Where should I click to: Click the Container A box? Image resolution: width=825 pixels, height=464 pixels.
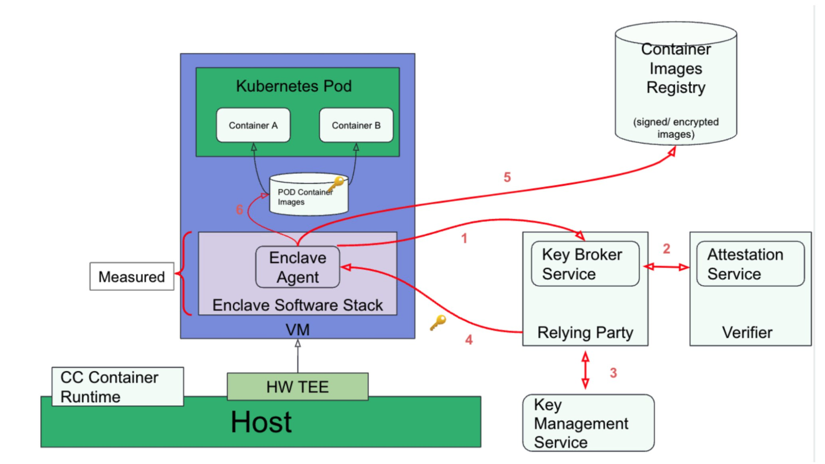pyautogui.click(x=253, y=125)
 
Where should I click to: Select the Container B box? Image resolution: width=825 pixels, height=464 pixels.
pyautogui.click(x=356, y=125)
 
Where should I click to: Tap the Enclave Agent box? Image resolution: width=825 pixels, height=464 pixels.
pyautogui.click(x=298, y=268)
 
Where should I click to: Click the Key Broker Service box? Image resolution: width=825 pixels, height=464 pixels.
pyautogui.click(x=585, y=264)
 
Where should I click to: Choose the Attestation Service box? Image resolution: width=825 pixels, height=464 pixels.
pyautogui.click(x=750, y=264)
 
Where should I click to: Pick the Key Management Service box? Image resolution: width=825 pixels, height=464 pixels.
pyautogui.click(x=588, y=423)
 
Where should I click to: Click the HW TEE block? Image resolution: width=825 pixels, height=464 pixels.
pyautogui.click(x=298, y=387)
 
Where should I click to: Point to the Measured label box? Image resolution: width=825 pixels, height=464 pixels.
pyautogui.click(x=132, y=277)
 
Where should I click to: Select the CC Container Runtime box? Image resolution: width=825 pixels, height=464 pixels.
pyautogui.click(x=118, y=386)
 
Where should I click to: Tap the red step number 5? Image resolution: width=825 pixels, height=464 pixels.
pyautogui.click(x=507, y=178)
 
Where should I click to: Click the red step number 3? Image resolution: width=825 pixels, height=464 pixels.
pyautogui.click(x=613, y=373)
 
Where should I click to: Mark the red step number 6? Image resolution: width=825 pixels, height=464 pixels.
pyautogui.click(x=239, y=210)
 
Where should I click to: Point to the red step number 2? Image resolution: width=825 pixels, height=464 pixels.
pyautogui.click(x=667, y=249)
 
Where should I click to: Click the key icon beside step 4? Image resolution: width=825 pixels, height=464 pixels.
pyautogui.click(x=438, y=322)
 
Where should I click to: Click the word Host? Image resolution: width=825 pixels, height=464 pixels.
pyautogui.click(x=261, y=422)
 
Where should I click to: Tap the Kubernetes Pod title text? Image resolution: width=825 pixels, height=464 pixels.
pyautogui.click(x=294, y=86)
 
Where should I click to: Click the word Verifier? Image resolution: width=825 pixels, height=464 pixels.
pyautogui.click(x=747, y=332)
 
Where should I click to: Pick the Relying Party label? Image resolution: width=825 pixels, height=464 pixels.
pyautogui.click(x=585, y=332)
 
